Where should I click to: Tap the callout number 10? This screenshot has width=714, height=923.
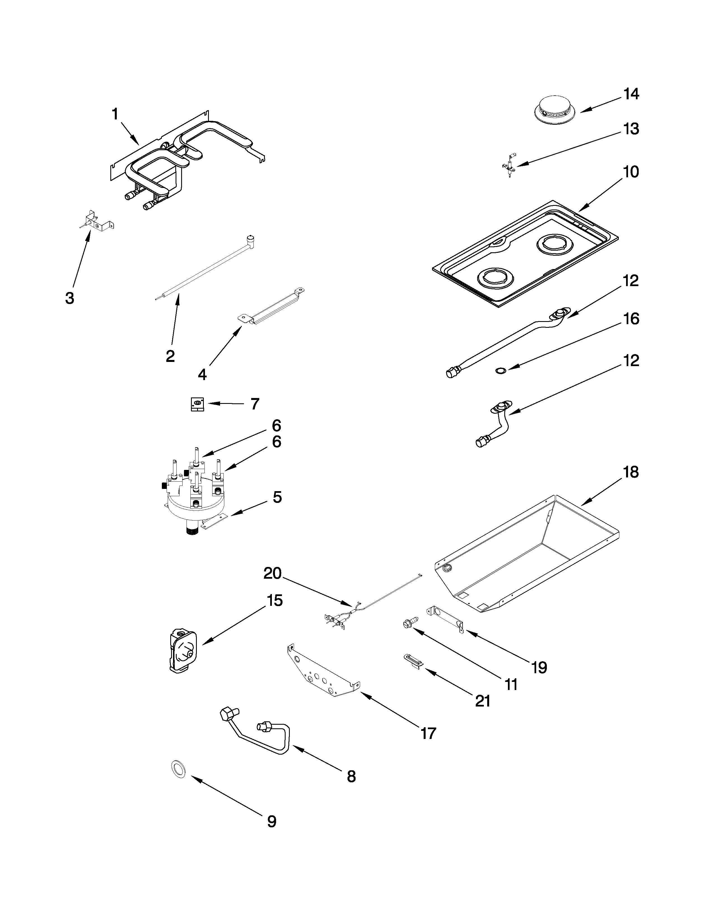[x=631, y=172]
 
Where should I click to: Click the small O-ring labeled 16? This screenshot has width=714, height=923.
[x=500, y=370]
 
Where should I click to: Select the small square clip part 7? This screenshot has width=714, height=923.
[x=197, y=404]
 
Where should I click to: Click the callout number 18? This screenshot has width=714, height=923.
[x=631, y=472]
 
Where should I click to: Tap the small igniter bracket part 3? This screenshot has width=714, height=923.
[x=96, y=223]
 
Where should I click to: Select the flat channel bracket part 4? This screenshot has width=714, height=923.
[x=271, y=306]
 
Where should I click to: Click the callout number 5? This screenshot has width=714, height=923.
[x=277, y=497]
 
